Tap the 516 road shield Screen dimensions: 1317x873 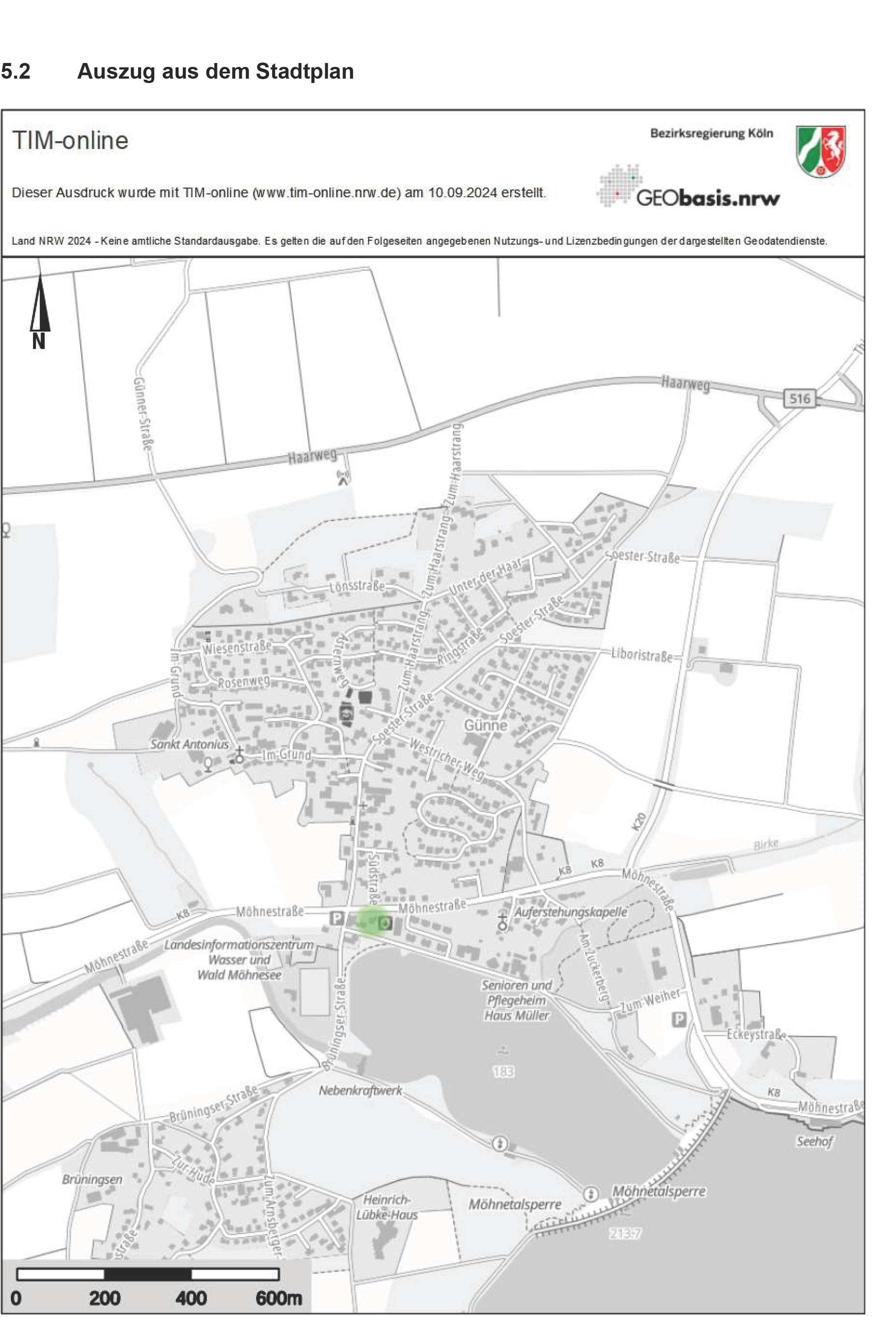(x=800, y=398)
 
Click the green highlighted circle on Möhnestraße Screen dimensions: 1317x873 (x=371, y=920)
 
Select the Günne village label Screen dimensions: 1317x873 (x=485, y=725)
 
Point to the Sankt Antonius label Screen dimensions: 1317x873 (x=189, y=744)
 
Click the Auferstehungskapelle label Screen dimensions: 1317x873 (x=571, y=912)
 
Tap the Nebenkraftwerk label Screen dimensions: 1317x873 (x=360, y=1090)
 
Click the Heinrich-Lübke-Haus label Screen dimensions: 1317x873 (x=387, y=1207)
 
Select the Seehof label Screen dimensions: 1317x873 (x=814, y=1141)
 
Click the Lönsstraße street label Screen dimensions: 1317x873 (x=357, y=586)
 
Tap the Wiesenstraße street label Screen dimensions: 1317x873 (x=237, y=647)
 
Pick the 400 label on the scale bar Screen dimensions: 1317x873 (x=191, y=1298)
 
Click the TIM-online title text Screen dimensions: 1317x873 (x=70, y=140)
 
